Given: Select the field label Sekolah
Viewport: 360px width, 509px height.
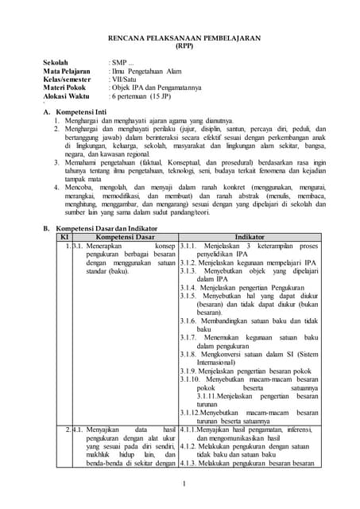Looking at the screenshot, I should [x=57, y=61].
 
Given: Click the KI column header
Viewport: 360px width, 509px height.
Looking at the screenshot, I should [x=64, y=237].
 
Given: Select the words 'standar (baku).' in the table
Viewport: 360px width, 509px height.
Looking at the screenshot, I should [x=107, y=270].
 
